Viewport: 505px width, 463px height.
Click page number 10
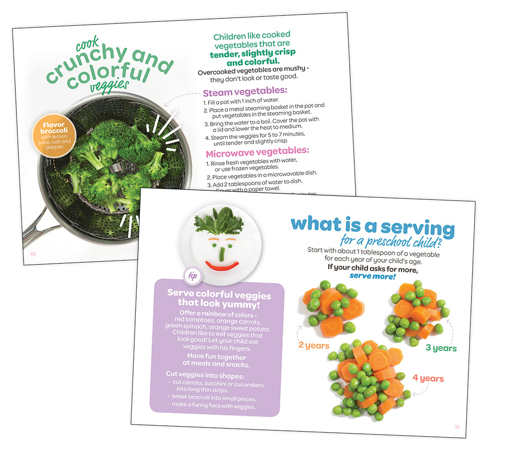pyautogui.click(x=32, y=254)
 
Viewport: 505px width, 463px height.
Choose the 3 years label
pyautogui.click(x=440, y=348)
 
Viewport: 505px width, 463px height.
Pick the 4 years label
pyautogui.click(x=428, y=378)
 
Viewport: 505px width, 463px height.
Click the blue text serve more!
pyautogui.click(x=373, y=276)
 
